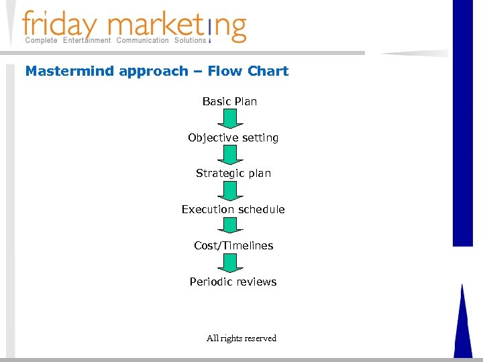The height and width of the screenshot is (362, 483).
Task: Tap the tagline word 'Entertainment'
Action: click(87, 40)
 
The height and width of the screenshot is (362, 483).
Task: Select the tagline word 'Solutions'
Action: click(190, 40)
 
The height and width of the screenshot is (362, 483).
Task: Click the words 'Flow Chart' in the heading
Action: click(248, 71)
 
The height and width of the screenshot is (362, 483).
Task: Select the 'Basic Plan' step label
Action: click(229, 101)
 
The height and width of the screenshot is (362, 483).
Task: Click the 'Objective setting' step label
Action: click(233, 137)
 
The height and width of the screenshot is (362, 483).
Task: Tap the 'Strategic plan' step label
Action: click(233, 173)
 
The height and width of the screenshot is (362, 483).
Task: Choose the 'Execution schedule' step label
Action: click(233, 209)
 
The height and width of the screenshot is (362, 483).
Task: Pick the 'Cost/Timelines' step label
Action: click(233, 245)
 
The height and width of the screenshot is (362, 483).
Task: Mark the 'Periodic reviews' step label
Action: click(233, 282)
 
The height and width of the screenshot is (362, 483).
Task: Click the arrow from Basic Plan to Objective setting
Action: click(230, 119)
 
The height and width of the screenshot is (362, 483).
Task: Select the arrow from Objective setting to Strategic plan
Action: click(230, 155)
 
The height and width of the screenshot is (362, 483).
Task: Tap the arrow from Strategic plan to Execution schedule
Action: click(230, 191)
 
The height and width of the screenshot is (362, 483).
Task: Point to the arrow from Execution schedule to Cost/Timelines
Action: click(230, 226)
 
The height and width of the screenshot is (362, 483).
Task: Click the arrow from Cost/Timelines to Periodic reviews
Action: click(230, 263)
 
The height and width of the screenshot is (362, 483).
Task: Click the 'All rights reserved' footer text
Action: click(241, 338)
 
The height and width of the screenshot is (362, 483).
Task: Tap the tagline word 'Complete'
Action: click(41, 40)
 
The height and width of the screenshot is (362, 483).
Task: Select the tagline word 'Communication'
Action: click(142, 40)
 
